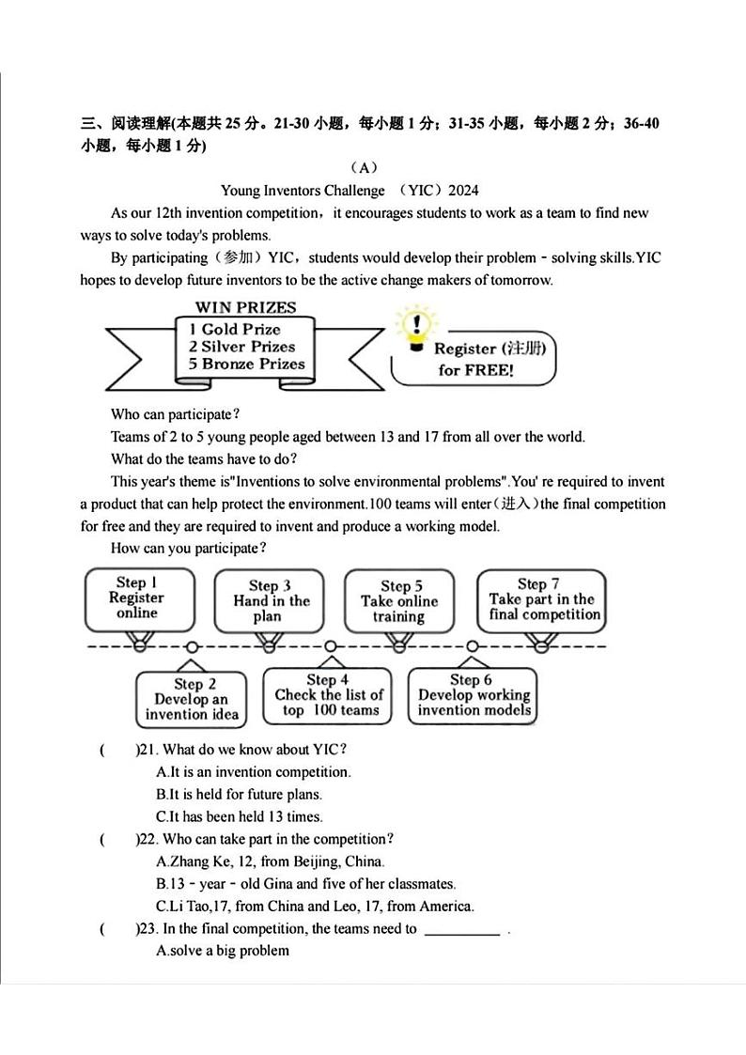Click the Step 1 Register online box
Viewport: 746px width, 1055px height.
[x=138, y=598]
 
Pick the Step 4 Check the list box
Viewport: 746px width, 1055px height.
[x=328, y=695]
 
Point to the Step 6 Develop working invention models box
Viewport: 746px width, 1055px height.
[x=474, y=695]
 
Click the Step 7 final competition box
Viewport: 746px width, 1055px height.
[x=542, y=599]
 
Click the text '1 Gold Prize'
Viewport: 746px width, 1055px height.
[x=235, y=329]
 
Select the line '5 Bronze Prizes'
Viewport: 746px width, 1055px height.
[x=246, y=364]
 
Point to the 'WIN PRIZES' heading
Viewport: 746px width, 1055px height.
[x=245, y=307]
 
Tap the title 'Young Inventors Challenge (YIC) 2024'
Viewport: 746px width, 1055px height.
[x=350, y=191]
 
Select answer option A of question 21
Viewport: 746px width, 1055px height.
[x=254, y=772]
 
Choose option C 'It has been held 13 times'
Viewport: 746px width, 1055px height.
[x=240, y=817]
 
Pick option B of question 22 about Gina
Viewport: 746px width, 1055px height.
[x=305, y=884]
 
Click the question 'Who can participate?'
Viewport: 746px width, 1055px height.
[x=175, y=414]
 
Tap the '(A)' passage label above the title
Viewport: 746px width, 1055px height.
[x=364, y=168]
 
